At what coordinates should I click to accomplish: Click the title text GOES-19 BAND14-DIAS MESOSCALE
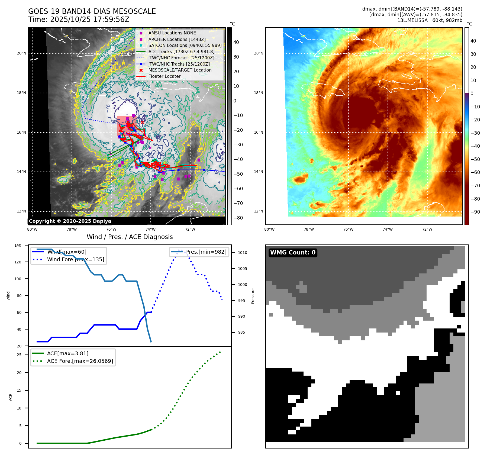tap(92, 11)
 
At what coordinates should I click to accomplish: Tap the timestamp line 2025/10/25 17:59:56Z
tap(89, 20)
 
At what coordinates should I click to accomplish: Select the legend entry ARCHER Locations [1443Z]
tap(177, 39)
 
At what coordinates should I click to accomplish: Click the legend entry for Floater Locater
tap(164, 76)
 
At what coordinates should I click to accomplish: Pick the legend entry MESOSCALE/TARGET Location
tap(180, 70)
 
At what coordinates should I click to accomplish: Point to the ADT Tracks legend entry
tap(181, 51)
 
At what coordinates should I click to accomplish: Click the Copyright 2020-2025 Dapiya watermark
tap(70, 221)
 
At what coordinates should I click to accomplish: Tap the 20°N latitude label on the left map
tap(21, 53)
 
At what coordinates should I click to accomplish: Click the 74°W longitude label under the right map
tap(388, 229)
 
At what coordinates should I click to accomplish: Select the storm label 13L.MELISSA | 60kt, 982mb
tap(430, 20)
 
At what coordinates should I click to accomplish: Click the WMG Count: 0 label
tap(293, 253)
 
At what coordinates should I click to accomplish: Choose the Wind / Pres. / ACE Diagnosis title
tap(130, 237)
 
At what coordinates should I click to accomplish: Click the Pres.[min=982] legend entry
tap(206, 252)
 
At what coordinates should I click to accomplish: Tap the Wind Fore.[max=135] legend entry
tap(75, 259)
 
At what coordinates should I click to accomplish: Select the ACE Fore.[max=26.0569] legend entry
tap(80, 361)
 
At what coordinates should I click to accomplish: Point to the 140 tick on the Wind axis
tap(18, 245)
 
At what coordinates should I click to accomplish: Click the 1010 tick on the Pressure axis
tap(243, 253)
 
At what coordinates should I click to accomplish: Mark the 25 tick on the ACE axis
tap(19, 355)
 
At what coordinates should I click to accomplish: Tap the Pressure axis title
tap(253, 296)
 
